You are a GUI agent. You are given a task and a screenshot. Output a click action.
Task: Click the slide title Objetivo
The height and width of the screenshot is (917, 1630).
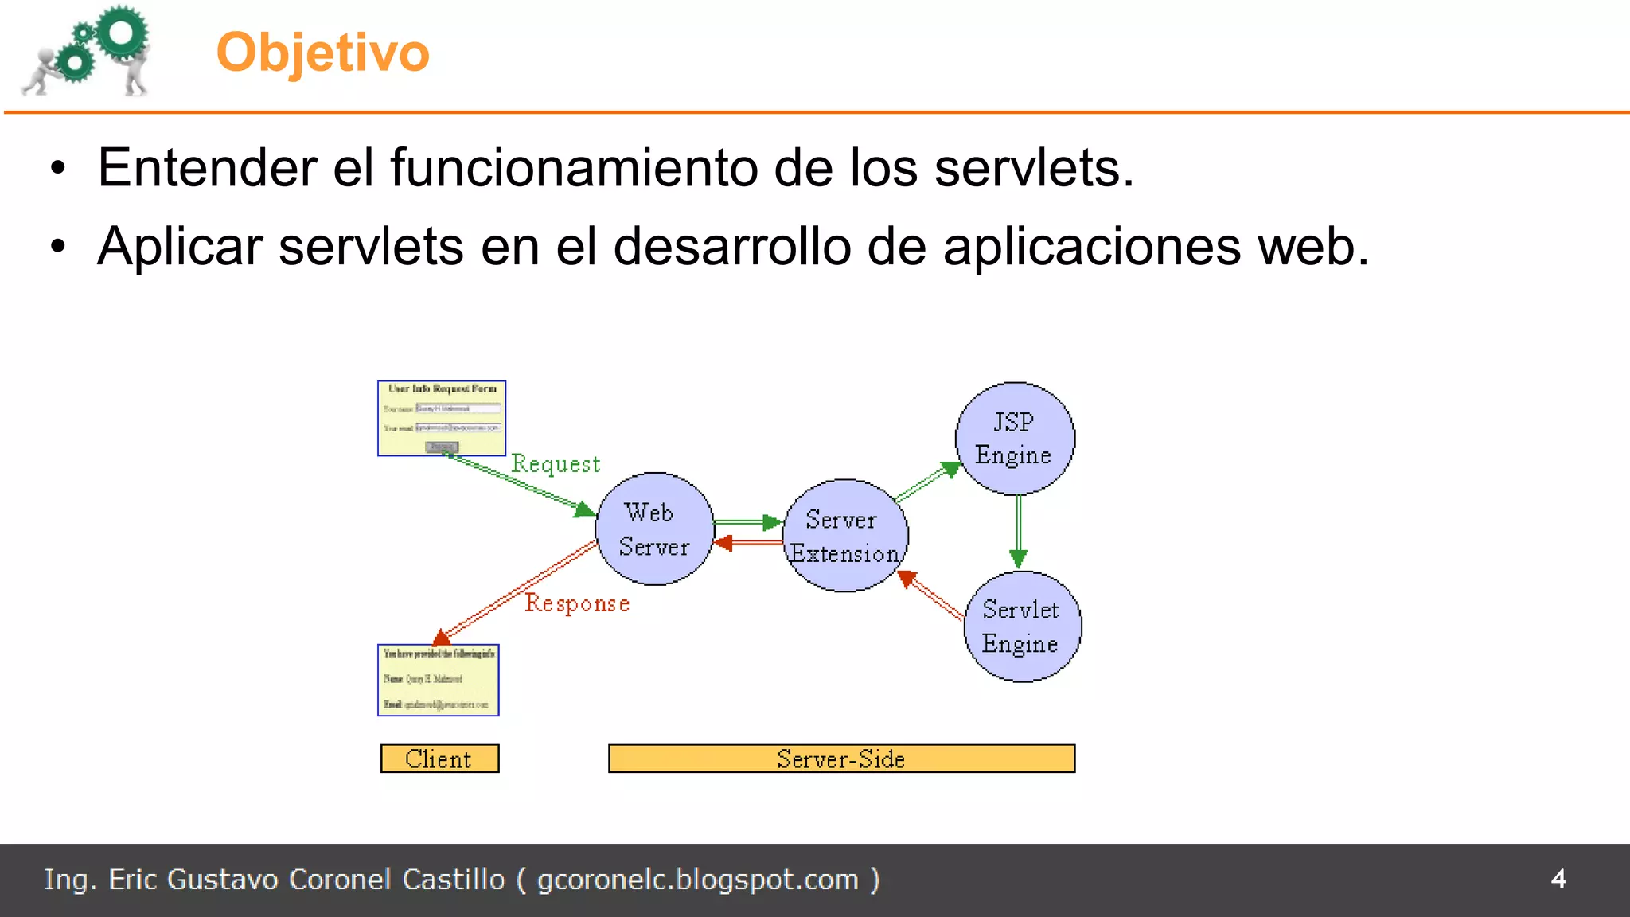coord(322,53)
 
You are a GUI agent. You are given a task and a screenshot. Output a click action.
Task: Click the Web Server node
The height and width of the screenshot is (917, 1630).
coord(654,529)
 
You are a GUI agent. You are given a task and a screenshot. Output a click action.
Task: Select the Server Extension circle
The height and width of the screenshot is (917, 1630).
coord(844,536)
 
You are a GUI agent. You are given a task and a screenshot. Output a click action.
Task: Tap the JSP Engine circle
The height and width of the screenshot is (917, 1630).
coord(1014,439)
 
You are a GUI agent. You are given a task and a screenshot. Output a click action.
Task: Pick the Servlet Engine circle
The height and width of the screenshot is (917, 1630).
coord(1022,626)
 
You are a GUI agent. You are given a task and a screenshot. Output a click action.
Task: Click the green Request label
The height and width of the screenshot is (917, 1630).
coord(556,463)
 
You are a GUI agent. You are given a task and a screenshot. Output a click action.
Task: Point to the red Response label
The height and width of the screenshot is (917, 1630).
coord(577,603)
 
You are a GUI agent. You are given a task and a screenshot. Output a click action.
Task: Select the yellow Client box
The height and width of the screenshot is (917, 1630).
coord(439,759)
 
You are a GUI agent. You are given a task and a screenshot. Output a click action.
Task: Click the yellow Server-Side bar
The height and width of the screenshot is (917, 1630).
coord(841,759)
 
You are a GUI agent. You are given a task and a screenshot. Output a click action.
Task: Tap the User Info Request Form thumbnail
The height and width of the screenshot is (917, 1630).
coord(442,418)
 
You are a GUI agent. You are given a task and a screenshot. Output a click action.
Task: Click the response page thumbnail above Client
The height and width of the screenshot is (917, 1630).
coord(439,680)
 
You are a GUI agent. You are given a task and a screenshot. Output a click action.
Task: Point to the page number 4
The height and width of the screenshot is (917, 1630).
coord(1558,879)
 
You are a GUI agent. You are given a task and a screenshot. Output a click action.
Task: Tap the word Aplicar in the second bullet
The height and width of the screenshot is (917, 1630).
coord(180,246)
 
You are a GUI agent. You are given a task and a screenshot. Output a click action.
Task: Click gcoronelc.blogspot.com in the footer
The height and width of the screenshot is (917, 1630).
coord(698,880)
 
